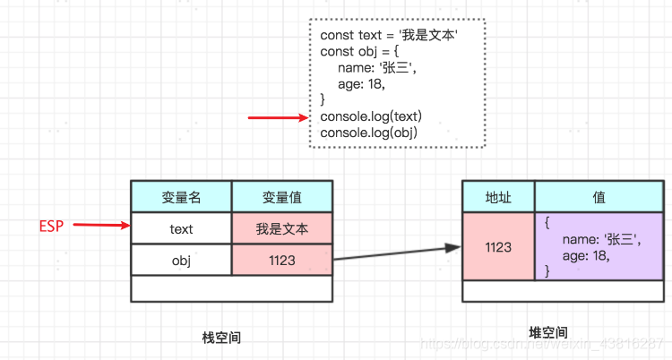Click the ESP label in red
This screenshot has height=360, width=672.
(51, 226)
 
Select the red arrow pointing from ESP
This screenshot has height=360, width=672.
(100, 226)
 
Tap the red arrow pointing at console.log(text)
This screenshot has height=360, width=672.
(278, 117)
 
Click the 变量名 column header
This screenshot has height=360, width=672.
(181, 197)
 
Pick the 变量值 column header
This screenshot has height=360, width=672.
(281, 197)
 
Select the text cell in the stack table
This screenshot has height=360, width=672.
(181, 228)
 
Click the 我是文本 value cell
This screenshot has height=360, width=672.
(281, 228)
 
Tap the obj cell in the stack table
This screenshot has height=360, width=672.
(181, 260)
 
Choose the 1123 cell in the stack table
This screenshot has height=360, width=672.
(281, 260)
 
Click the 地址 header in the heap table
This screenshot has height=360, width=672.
(498, 197)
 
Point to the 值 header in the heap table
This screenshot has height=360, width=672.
(599, 197)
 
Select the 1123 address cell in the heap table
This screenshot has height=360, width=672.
(498, 246)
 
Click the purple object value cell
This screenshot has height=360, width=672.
(599, 246)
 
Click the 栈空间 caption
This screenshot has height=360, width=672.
(221, 338)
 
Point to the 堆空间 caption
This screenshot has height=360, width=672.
(547, 332)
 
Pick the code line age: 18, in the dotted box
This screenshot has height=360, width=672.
(361, 85)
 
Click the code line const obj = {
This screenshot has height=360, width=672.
(352, 52)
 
